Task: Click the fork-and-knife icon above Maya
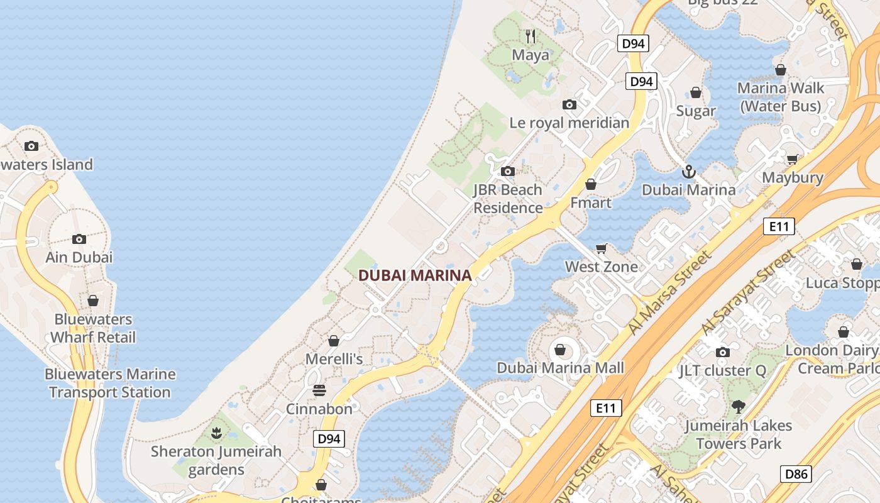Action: pos(531,36)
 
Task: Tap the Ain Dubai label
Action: pos(79,257)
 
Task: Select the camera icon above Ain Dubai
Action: pos(79,239)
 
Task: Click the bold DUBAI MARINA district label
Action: pos(415,275)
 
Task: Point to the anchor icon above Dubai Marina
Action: pos(689,171)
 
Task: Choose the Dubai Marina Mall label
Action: pos(561,368)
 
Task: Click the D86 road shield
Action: pos(796,474)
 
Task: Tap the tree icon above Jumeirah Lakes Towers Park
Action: pos(739,407)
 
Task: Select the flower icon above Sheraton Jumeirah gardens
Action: pos(216,433)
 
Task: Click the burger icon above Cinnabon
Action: pos(319,390)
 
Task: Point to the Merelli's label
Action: pos(334,359)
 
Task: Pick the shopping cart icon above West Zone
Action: pos(602,248)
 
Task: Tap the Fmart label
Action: pos(590,202)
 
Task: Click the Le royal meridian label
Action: pos(569,123)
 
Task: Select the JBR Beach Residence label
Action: pos(508,199)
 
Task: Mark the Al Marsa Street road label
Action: pos(671,292)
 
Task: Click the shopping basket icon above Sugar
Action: pos(696,93)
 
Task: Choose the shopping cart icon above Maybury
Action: pos(792,159)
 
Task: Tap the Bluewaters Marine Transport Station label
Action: pos(110,383)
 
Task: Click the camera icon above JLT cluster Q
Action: pos(723,352)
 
